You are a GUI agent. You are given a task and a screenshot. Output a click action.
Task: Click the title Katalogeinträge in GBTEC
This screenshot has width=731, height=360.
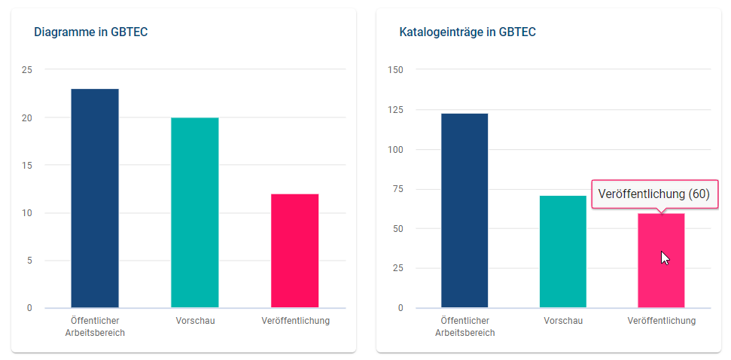467,32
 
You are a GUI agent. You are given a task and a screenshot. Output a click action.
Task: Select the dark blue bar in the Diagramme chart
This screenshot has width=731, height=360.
95,198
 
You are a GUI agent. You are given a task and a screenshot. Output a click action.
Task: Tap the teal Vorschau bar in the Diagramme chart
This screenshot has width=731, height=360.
195,212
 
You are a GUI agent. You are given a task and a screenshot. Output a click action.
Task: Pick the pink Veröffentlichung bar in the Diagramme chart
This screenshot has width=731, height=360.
294,251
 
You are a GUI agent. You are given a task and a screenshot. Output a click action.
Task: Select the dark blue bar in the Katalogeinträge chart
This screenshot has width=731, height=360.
464,210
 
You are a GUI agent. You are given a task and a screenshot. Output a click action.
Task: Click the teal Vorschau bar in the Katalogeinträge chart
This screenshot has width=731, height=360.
563,252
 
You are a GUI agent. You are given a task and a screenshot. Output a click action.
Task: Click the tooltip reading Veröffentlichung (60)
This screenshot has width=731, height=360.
653,194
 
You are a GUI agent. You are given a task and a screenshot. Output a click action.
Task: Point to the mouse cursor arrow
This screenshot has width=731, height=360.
664,257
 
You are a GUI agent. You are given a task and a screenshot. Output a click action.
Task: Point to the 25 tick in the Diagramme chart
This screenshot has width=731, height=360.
27,70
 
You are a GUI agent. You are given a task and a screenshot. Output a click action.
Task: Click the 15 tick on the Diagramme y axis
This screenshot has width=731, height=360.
27,166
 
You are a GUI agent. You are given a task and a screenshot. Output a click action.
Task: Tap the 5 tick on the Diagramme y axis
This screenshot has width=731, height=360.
29,261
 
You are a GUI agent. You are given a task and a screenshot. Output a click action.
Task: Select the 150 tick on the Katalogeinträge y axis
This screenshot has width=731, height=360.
394,70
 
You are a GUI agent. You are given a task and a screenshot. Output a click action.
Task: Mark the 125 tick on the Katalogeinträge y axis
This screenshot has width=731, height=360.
394,110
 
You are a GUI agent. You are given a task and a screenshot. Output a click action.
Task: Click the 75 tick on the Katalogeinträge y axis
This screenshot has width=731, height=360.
397,189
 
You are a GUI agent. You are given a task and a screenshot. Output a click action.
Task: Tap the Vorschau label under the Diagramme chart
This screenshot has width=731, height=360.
195,321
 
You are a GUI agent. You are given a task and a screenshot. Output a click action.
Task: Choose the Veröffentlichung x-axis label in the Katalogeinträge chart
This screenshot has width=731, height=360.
661,321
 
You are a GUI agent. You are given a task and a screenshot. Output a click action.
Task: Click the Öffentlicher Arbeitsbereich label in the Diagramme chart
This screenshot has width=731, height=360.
95,326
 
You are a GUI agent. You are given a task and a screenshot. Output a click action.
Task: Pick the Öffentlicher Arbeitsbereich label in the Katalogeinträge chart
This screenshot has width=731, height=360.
464,326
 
